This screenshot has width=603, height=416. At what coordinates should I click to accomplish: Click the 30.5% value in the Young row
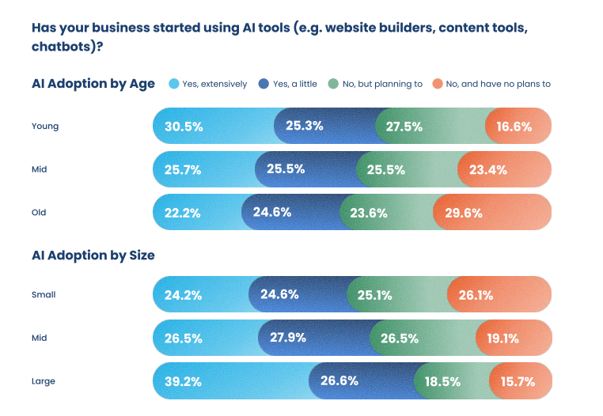click(184, 127)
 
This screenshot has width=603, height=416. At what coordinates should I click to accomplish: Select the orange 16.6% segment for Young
click(514, 127)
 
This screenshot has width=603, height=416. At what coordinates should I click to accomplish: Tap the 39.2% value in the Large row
click(184, 381)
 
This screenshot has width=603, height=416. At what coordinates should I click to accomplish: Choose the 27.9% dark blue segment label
click(290, 338)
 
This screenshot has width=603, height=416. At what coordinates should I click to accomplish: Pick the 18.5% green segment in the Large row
click(442, 381)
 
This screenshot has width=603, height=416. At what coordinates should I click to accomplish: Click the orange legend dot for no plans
click(437, 84)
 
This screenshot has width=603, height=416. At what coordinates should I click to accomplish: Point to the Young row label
click(45, 127)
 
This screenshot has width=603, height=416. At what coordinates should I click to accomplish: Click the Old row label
click(40, 213)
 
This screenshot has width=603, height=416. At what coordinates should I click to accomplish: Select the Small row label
click(44, 295)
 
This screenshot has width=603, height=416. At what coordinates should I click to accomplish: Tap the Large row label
click(44, 381)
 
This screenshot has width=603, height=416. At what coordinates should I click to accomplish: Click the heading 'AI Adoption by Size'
click(93, 255)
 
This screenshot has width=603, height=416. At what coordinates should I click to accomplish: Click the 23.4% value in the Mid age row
click(487, 169)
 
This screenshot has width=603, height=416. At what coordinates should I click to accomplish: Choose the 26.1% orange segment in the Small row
click(475, 295)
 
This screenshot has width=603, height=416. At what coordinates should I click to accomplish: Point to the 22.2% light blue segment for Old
click(183, 213)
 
